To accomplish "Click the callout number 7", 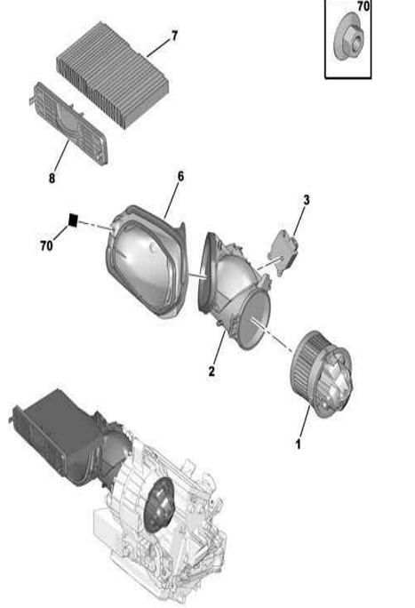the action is click(x=175, y=36).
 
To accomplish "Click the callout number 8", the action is click(x=52, y=178).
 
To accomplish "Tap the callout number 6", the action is click(x=180, y=176).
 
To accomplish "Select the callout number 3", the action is click(x=306, y=200).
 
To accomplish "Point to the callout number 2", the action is click(x=211, y=371).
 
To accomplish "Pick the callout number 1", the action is click(x=298, y=444).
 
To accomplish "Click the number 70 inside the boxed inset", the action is click(x=363, y=6).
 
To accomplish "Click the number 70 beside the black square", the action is click(x=46, y=245).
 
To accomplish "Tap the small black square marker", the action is click(x=73, y=220).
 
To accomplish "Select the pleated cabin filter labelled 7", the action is click(x=112, y=74).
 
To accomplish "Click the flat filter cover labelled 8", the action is click(x=69, y=123).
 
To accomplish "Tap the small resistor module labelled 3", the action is click(x=283, y=252).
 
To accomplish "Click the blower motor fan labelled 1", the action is click(x=322, y=374).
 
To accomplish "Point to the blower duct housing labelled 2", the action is click(x=235, y=290).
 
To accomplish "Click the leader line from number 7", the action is click(x=158, y=48).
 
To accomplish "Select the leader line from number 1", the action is click(x=304, y=420).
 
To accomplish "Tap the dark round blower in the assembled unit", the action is click(x=160, y=504).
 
